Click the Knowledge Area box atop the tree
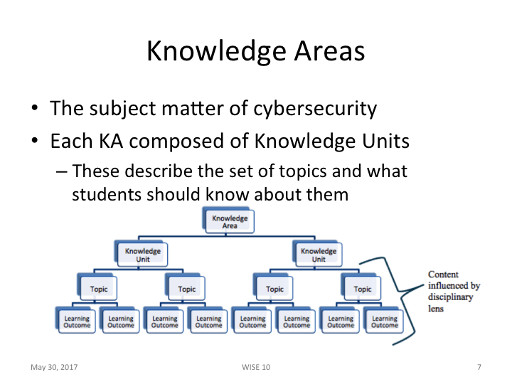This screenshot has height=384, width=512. [230, 222]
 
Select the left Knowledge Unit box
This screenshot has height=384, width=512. [142, 255]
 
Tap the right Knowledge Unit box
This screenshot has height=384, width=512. [318, 255]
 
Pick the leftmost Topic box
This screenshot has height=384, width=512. [98, 289]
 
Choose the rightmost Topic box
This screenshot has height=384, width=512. [362, 289]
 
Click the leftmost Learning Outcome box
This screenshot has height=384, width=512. [77, 322]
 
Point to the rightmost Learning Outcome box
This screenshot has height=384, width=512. [384, 322]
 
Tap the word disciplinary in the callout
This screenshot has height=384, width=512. [450, 297]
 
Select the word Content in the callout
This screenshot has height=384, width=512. [442, 274]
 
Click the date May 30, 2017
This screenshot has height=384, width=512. [53, 367]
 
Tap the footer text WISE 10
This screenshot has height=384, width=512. [256, 367]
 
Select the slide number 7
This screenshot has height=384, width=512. [479, 367]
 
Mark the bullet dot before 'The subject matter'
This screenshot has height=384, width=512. [34, 110]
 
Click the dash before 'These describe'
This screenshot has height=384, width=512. [60, 172]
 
